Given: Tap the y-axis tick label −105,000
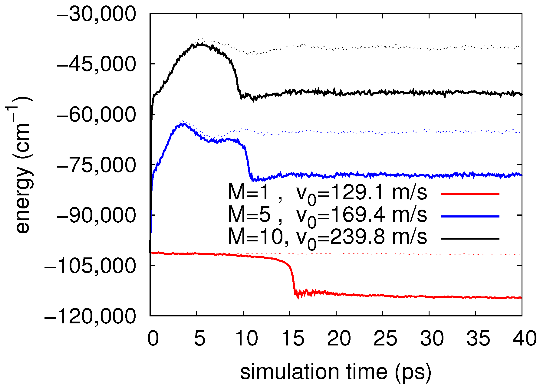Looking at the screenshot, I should [x=90, y=266].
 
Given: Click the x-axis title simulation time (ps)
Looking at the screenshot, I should [x=335, y=371].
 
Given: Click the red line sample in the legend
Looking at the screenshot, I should [x=469, y=194].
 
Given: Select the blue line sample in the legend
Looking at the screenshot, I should [x=469, y=216].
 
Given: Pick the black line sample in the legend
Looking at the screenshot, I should [x=469, y=239].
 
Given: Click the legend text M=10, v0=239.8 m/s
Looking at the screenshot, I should [x=327, y=237].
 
